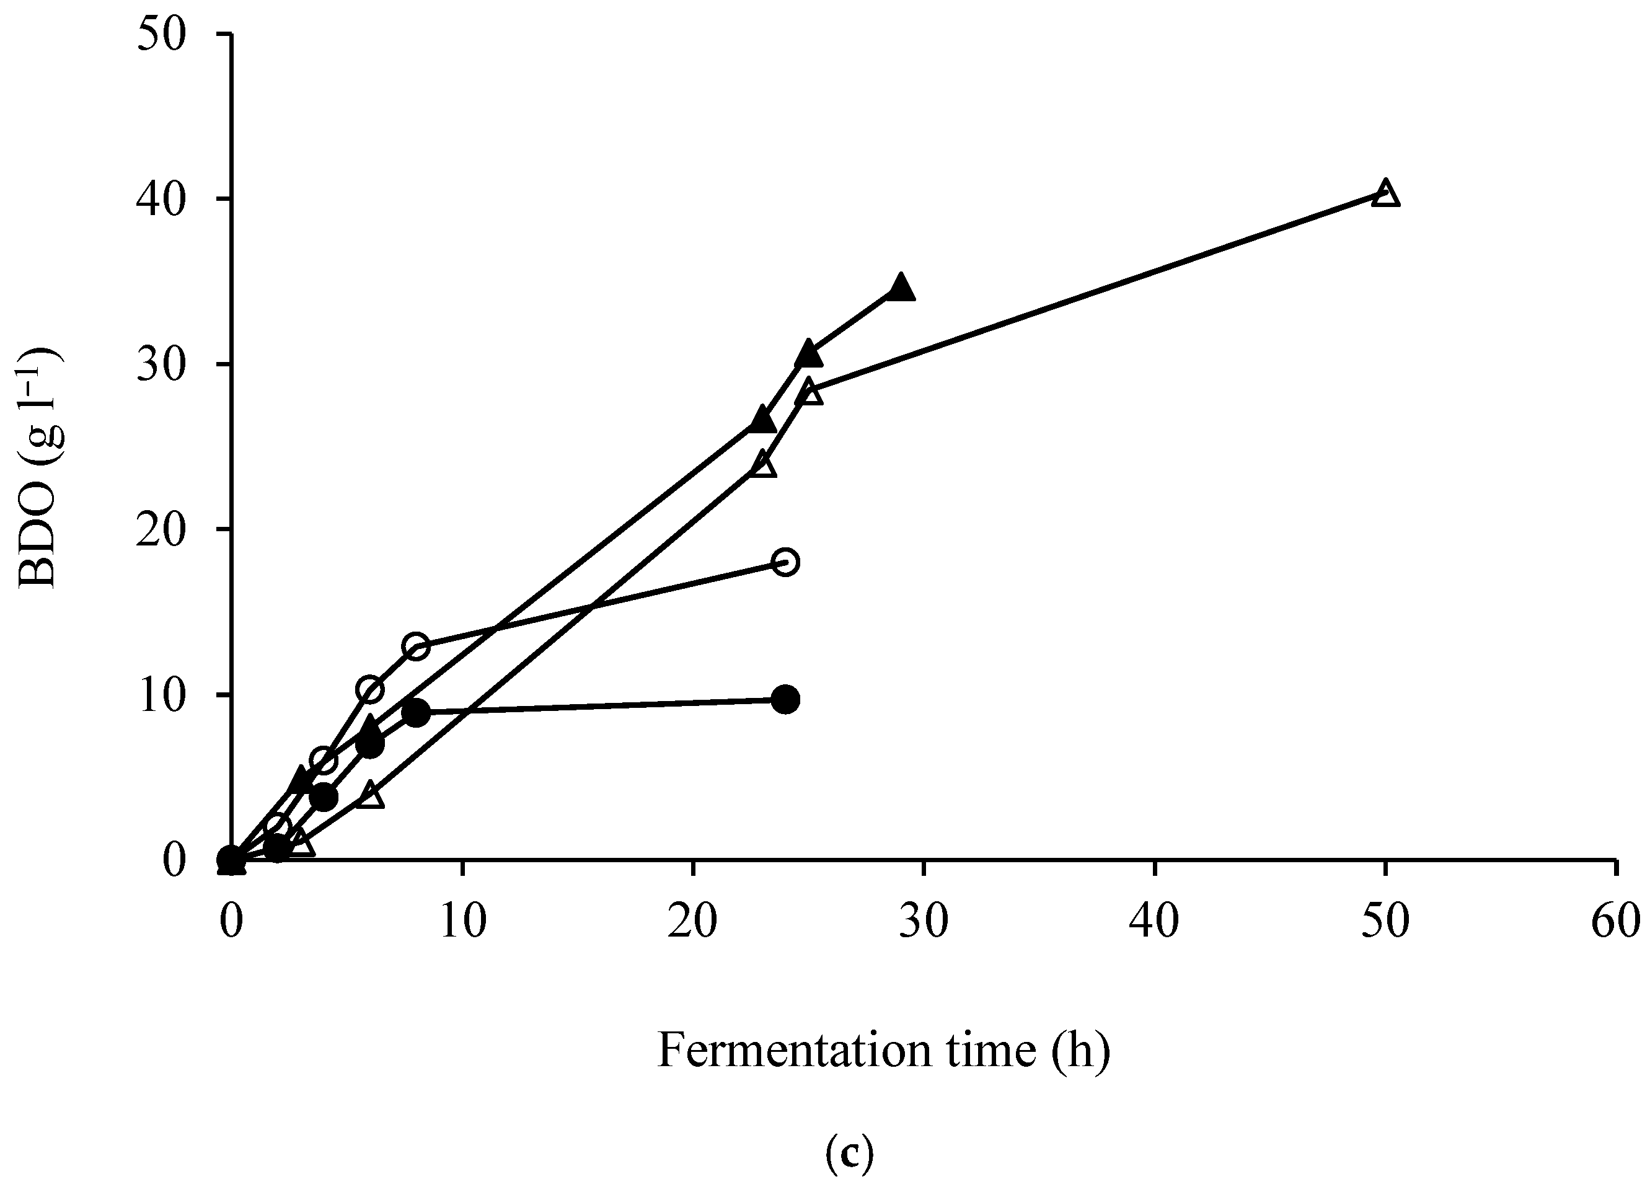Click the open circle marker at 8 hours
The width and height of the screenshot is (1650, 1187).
point(415,646)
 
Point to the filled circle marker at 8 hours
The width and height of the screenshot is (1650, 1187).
point(415,713)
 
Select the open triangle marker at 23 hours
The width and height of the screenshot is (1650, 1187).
point(762,465)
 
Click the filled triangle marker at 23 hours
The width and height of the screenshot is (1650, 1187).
point(762,420)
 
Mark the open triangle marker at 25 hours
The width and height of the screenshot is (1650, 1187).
point(809,394)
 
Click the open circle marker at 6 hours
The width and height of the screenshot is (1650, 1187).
point(369,689)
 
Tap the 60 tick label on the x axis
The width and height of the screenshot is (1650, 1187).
point(1616,921)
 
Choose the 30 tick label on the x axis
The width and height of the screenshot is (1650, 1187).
point(924,921)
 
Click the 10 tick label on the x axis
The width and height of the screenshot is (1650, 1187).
point(462,921)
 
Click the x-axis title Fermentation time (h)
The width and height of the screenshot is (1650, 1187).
point(884,1051)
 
